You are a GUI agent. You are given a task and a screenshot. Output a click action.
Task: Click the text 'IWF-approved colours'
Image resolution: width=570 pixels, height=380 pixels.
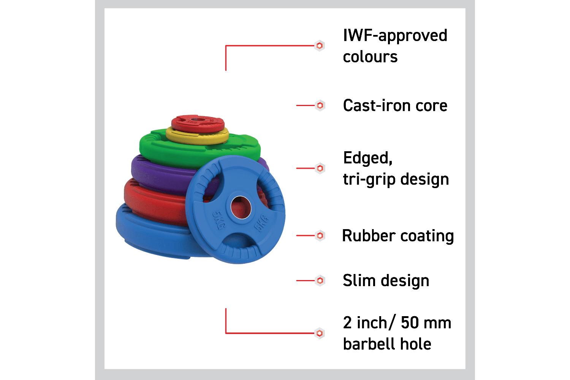click(x=395, y=46)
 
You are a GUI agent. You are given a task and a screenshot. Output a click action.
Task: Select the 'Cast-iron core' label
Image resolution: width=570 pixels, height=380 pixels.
click(x=395, y=105)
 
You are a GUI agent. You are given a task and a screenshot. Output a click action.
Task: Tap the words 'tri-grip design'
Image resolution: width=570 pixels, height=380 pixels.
click(x=396, y=179)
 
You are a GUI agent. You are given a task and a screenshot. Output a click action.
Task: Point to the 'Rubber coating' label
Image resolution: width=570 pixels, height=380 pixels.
click(x=398, y=236)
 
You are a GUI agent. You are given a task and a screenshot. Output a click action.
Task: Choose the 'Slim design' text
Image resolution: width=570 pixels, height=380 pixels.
click(x=386, y=280)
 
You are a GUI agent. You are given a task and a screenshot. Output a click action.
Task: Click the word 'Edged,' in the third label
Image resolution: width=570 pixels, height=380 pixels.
click(x=367, y=158)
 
